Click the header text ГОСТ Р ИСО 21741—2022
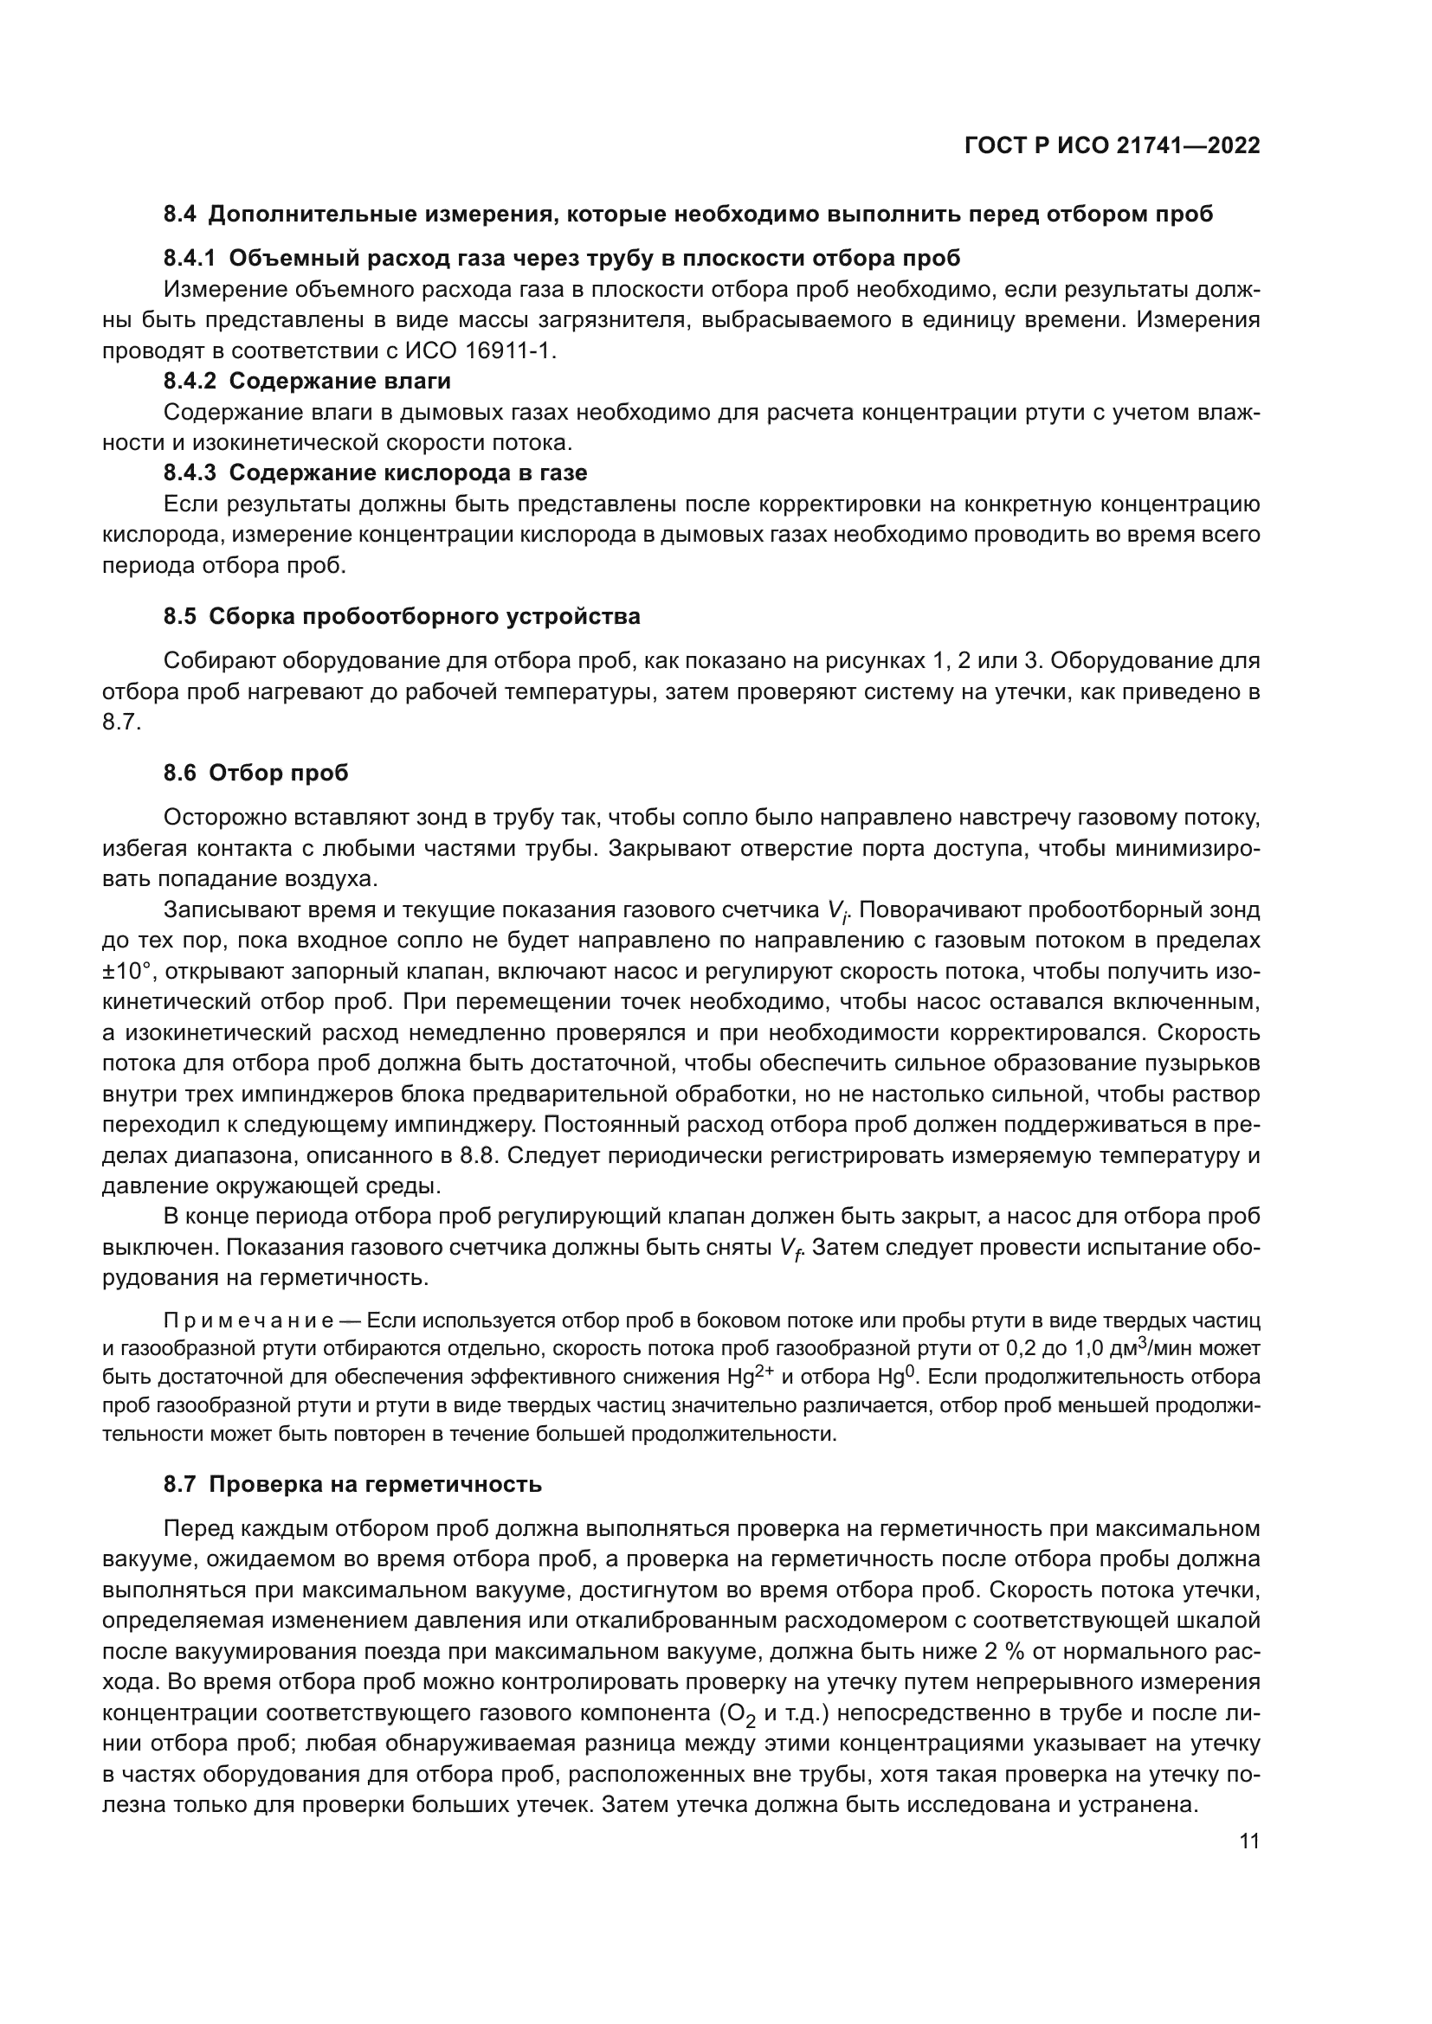pos(1112,146)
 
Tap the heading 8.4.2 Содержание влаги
pos(306,381)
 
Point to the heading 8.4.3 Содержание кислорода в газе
pos(375,472)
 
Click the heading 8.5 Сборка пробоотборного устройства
pos(401,616)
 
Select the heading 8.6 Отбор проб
pos(255,773)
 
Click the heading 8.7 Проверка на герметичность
pos(352,1485)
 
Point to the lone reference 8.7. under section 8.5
pos(121,722)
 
